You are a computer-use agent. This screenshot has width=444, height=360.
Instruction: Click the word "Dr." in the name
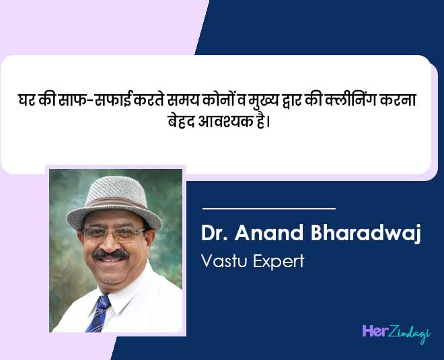215,235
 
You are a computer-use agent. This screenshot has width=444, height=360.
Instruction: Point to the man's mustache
110,254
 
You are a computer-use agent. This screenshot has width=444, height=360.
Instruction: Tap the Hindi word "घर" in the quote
28,101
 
